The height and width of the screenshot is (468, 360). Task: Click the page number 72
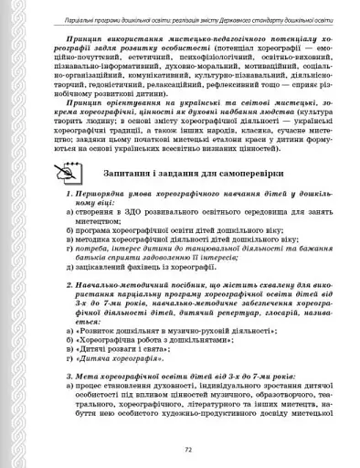(x=187, y=450)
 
